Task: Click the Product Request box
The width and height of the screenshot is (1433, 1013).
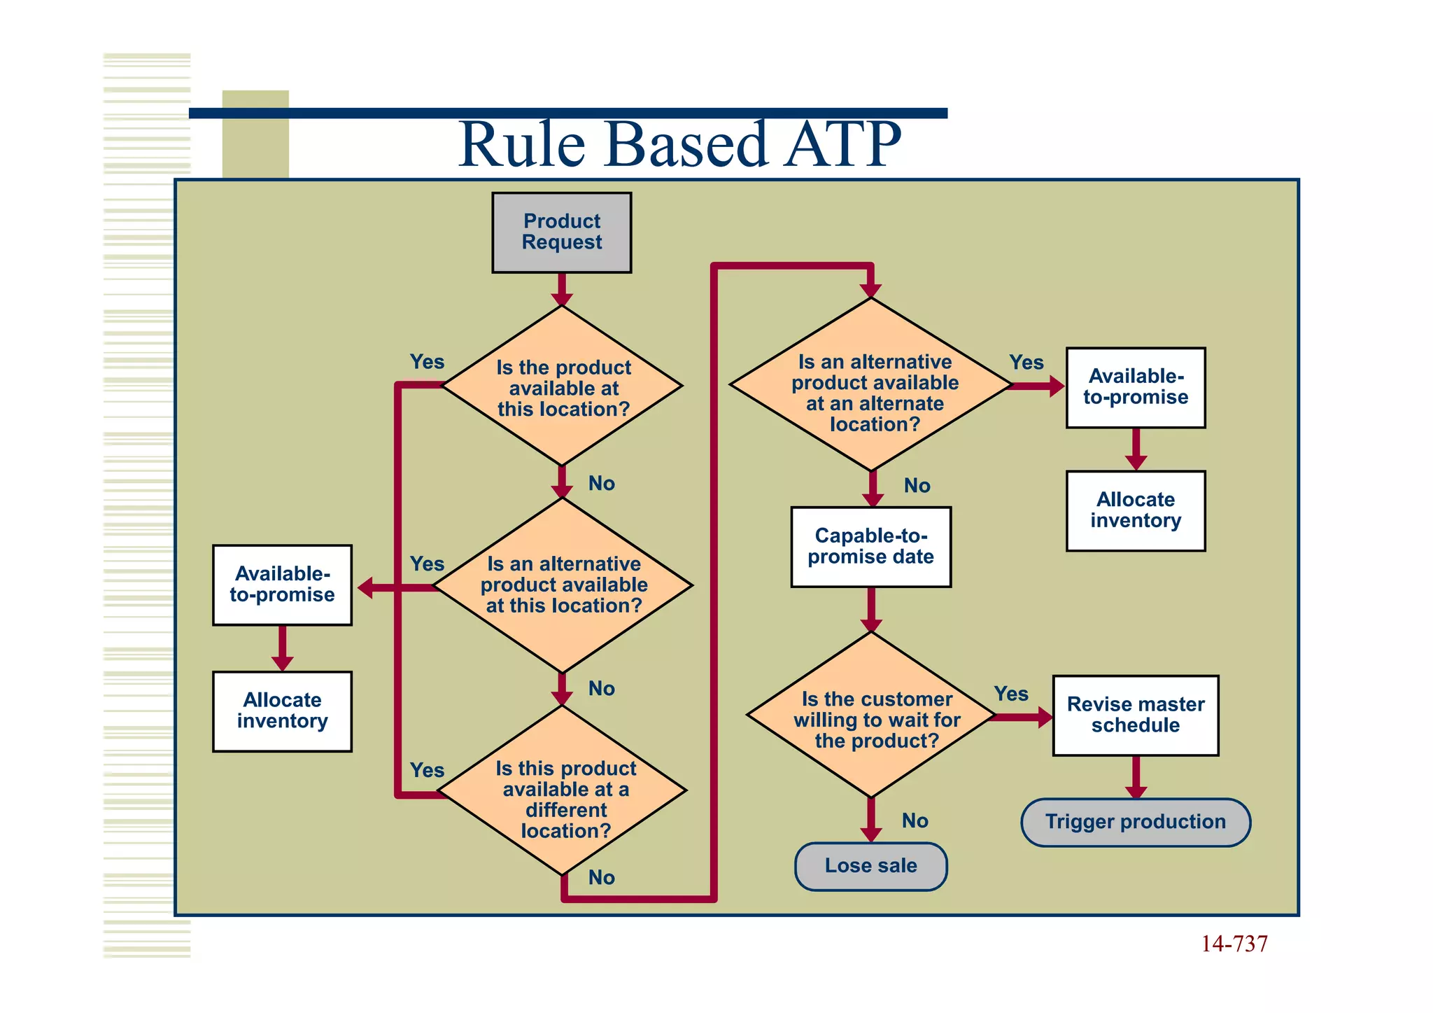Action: coord(561,232)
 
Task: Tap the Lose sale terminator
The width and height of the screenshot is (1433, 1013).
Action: coord(870,866)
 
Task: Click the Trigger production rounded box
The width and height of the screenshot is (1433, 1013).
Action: coord(1135,822)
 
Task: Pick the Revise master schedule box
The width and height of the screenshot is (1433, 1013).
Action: coord(1135,715)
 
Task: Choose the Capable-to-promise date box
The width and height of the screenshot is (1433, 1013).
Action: coord(870,547)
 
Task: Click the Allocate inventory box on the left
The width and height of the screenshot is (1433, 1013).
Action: coord(282,711)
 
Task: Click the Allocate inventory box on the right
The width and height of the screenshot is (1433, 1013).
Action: coord(1135,510)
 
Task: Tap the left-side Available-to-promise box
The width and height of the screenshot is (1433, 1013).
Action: coord(282,585)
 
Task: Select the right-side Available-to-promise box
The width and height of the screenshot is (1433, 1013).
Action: coord(1135,387)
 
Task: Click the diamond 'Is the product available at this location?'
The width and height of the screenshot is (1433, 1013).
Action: coord(562,386)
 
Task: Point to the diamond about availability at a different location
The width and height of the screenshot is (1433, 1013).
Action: coord(563,791)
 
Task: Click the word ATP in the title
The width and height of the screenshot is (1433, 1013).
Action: coord(841,144)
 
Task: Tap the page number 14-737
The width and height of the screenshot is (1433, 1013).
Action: coord(1234,944)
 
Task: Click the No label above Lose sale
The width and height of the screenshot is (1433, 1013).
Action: coord(915,820)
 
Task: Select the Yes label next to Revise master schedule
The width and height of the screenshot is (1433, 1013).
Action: coord(1011,694)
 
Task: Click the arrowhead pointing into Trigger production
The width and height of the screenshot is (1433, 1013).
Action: coord(1136,792)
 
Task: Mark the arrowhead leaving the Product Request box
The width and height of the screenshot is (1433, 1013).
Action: coord(561,298)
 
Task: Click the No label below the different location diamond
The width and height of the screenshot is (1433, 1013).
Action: coord(601,877)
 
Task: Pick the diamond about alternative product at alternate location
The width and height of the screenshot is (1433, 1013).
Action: coord(871,385)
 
